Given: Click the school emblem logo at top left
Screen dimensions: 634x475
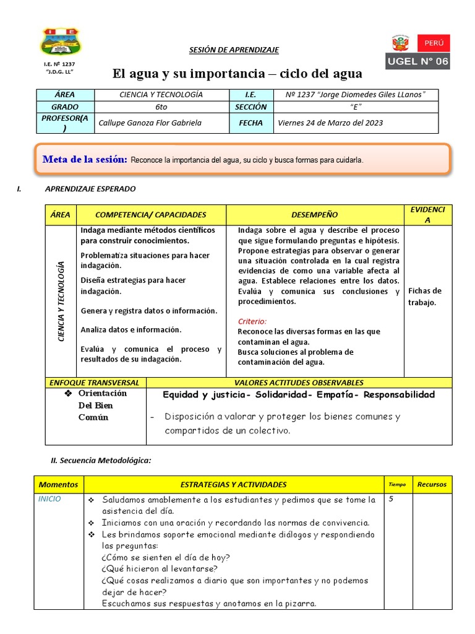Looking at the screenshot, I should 60,41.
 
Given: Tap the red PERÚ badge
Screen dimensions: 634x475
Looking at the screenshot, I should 434,43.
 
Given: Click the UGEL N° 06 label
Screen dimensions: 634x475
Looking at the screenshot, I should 418,61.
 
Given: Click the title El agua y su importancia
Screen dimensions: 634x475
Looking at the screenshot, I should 237,74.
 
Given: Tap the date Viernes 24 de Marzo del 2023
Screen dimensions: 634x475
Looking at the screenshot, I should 330,123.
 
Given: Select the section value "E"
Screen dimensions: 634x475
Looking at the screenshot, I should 354,106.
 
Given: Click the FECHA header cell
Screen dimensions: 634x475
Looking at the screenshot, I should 251,123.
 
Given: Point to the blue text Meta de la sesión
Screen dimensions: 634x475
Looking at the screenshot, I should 85,160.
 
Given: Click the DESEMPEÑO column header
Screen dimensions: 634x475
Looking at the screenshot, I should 314,214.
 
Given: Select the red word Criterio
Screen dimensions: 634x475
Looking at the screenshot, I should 252,321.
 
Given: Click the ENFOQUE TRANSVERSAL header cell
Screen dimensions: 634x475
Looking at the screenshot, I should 95,383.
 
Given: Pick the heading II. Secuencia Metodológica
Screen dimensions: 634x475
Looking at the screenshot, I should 100,460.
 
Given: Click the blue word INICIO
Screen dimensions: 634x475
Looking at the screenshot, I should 50,499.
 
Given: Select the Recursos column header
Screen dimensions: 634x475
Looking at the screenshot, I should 432,484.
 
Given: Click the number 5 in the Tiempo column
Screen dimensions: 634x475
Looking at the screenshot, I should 392,499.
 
